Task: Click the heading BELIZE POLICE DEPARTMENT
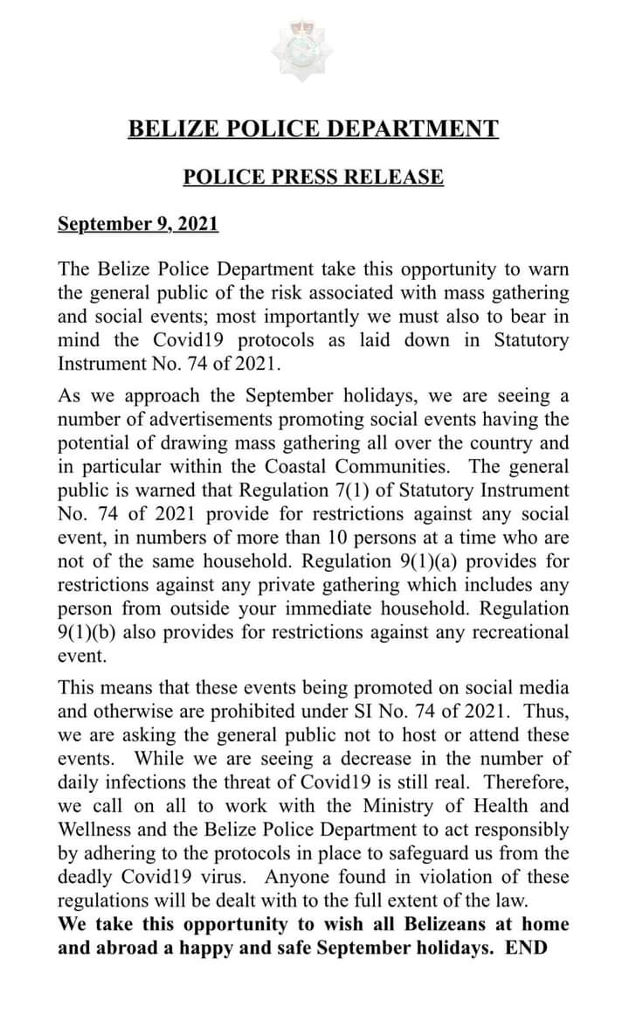(314, 129)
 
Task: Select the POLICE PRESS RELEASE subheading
(314, 177)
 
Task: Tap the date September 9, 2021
(138, 223)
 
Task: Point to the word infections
(142, 782)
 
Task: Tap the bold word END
(526, 948)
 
